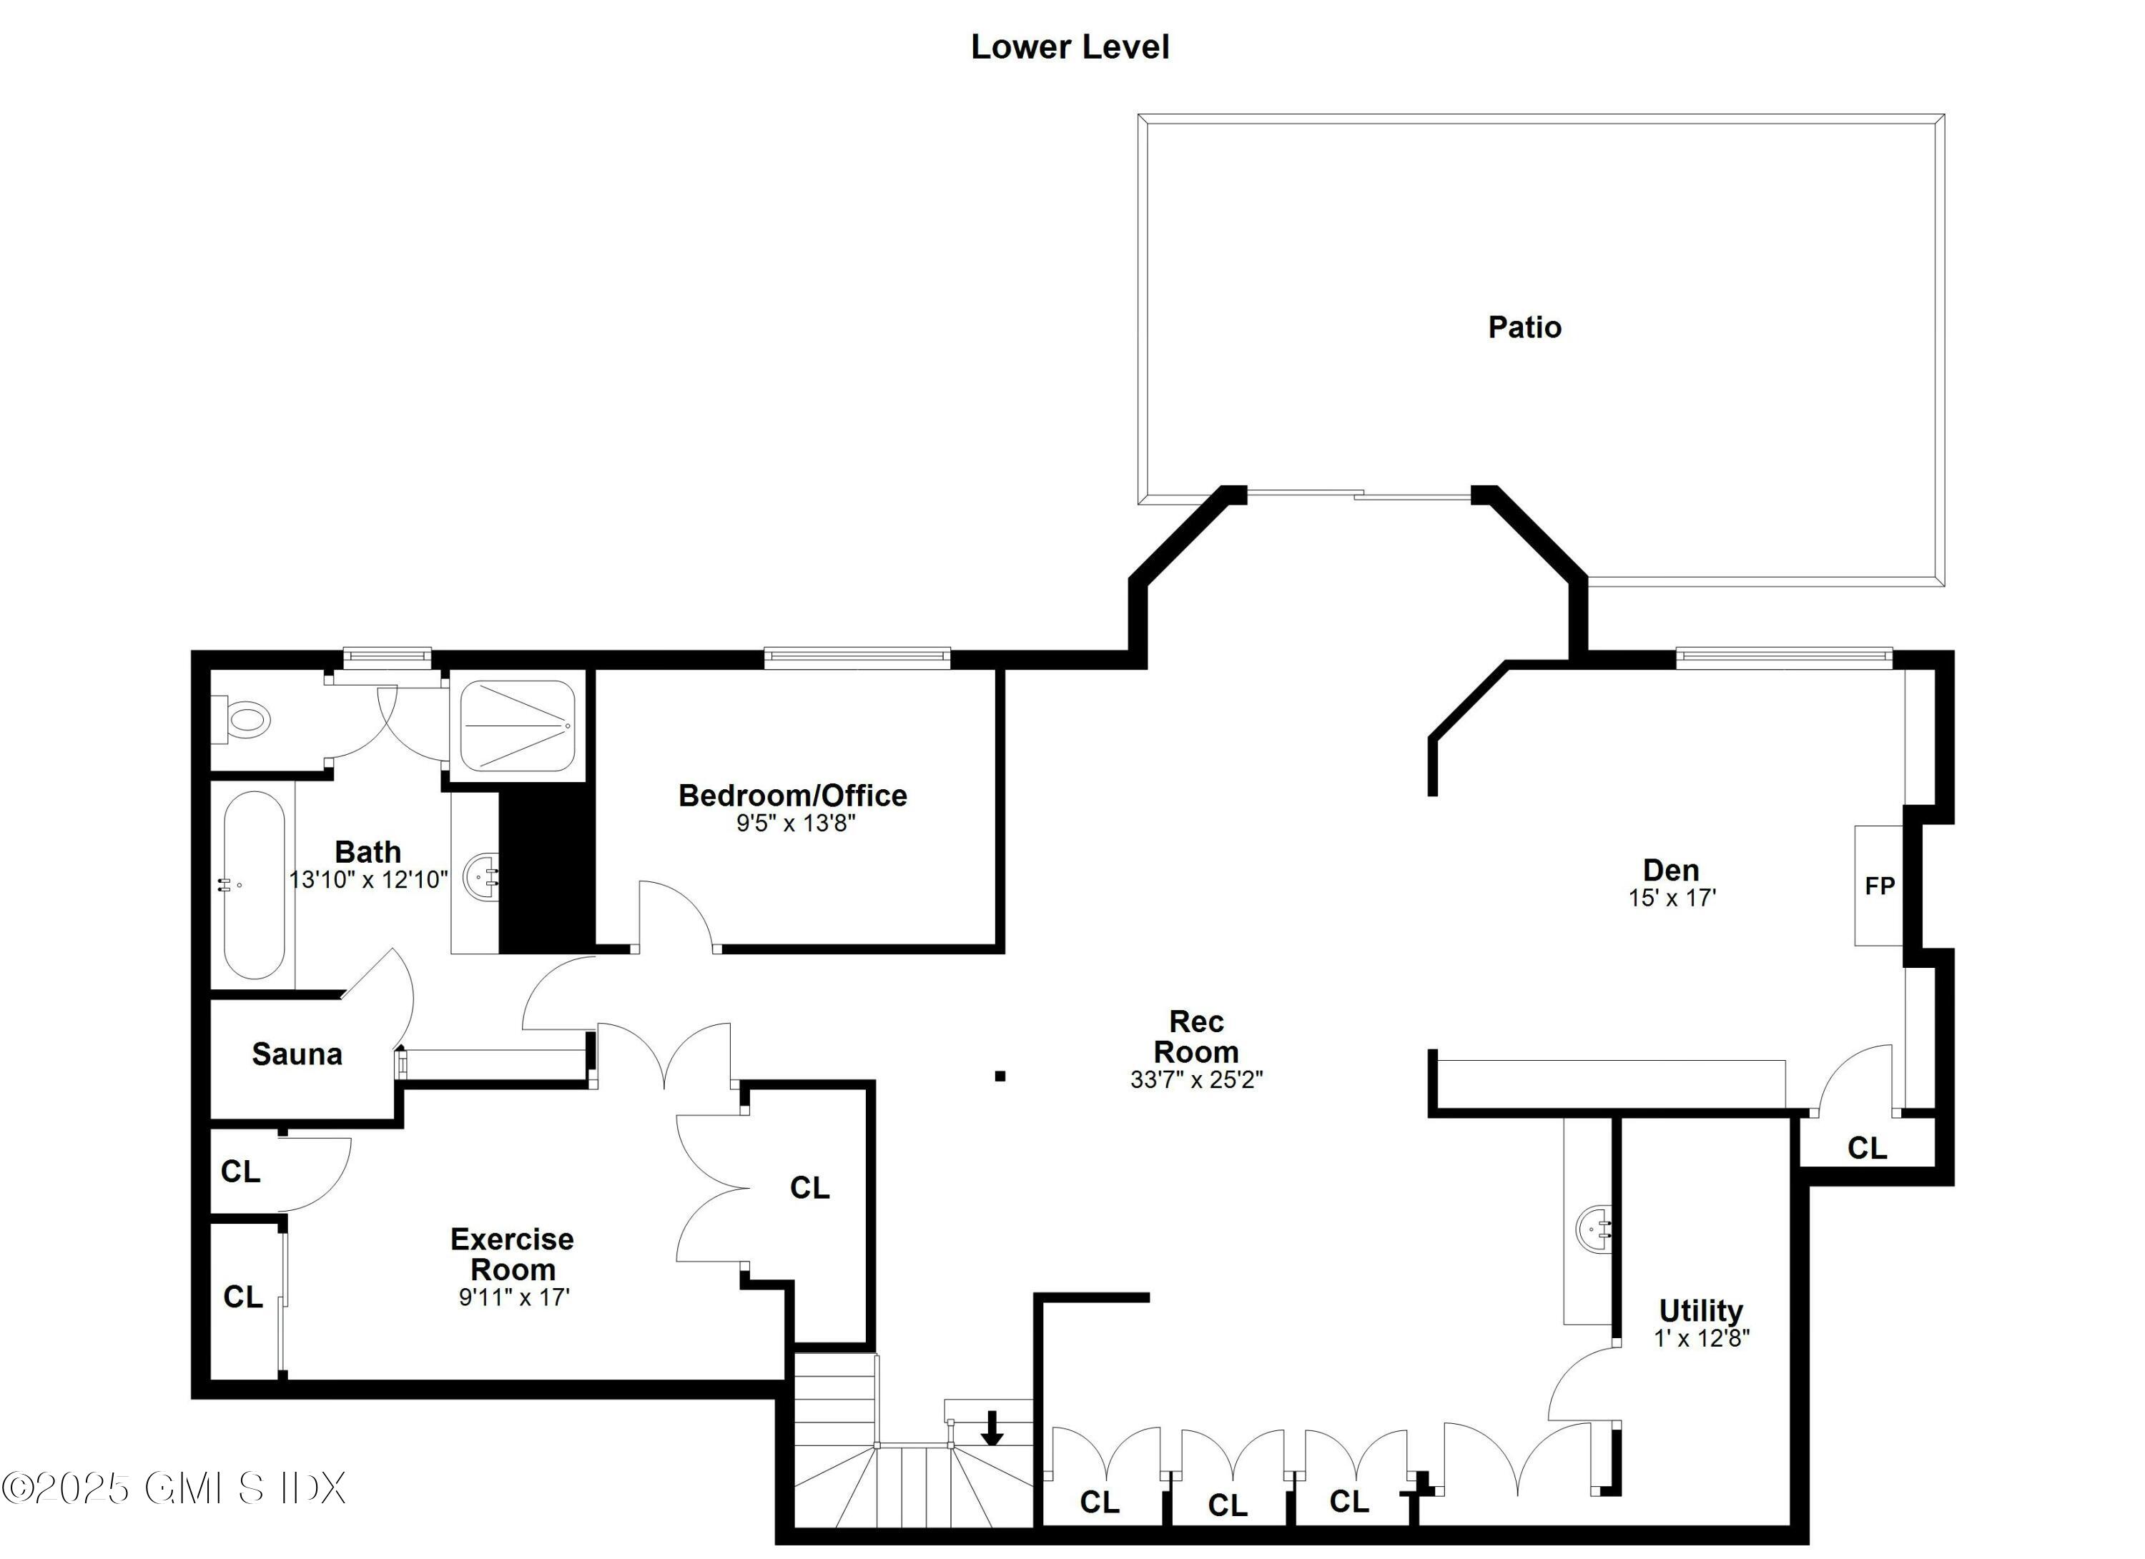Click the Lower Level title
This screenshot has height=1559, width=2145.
click(x=1070, y=47)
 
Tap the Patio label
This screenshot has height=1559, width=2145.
click(x=1524, y=327)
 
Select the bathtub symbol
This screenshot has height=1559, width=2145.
click(x=253, y=885)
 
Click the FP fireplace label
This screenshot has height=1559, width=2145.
click(x=1879, y=886)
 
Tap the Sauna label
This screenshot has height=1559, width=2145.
click(x=297, y=1054)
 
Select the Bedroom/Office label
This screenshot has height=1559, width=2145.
click(x=792, y=795)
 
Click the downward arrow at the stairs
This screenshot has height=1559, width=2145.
click(x=991, y=1427)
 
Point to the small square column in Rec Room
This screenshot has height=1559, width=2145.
click(x=1000, y=1076)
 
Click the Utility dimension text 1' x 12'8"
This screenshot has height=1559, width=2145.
click(x=1702, y=1339)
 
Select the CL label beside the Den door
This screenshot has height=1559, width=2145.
click(x=1866, y=1149)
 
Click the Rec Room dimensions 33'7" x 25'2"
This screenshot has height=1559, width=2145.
click(x=1195, y=1079)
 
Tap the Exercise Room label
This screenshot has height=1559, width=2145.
click(x=512, y=1254)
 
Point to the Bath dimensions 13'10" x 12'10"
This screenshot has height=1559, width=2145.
click(x=368, y=880)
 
